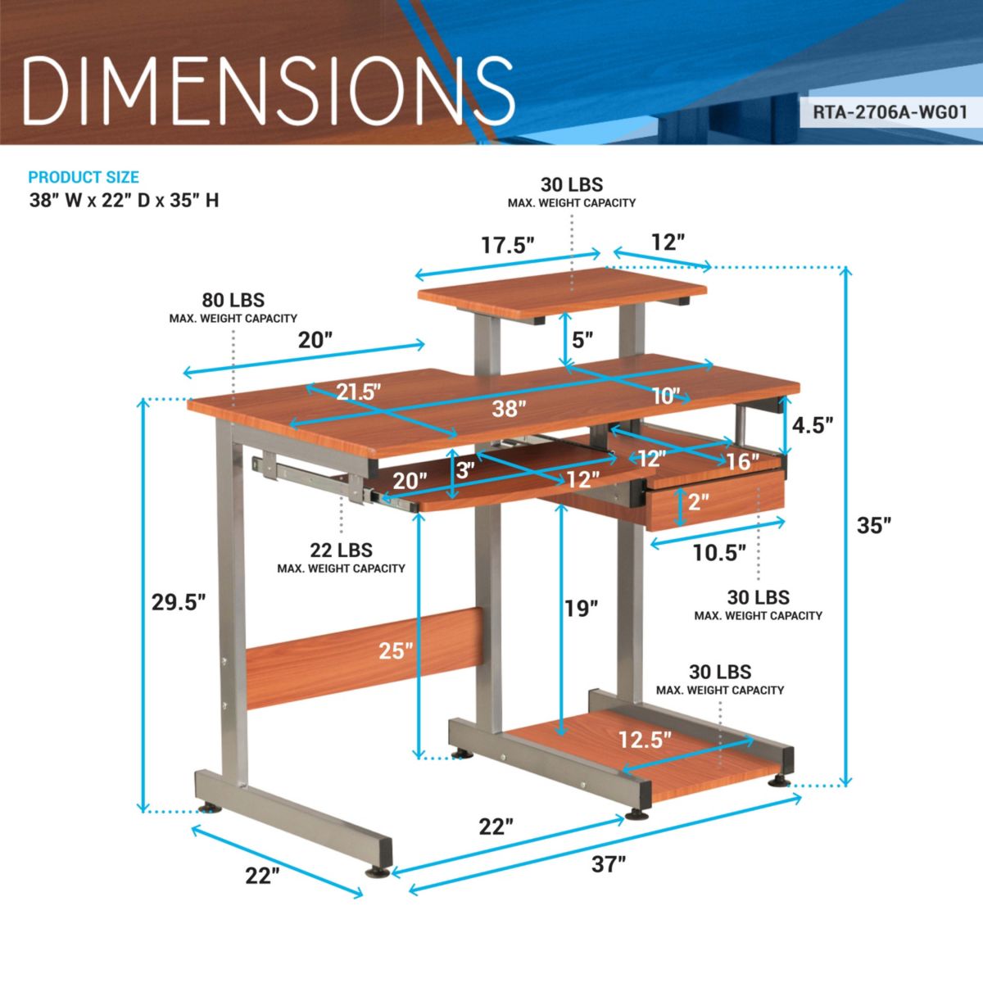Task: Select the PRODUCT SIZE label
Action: point(84,177)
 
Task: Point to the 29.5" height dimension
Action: point(178,602)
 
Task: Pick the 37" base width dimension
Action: point(608,863)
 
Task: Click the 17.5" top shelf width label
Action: point(508,245)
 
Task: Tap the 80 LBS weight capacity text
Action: point(233,301)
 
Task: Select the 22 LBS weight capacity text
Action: point(341,550)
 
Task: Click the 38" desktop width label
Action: point(505,408)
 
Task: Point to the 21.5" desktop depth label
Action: point(360,392)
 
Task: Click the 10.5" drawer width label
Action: point(719,553)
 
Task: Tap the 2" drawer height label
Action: point(698,501)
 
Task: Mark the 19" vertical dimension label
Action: point(581,608)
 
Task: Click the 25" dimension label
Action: point(396,651)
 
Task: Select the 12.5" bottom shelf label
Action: point(645,740)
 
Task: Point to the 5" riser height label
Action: point(582,339)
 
